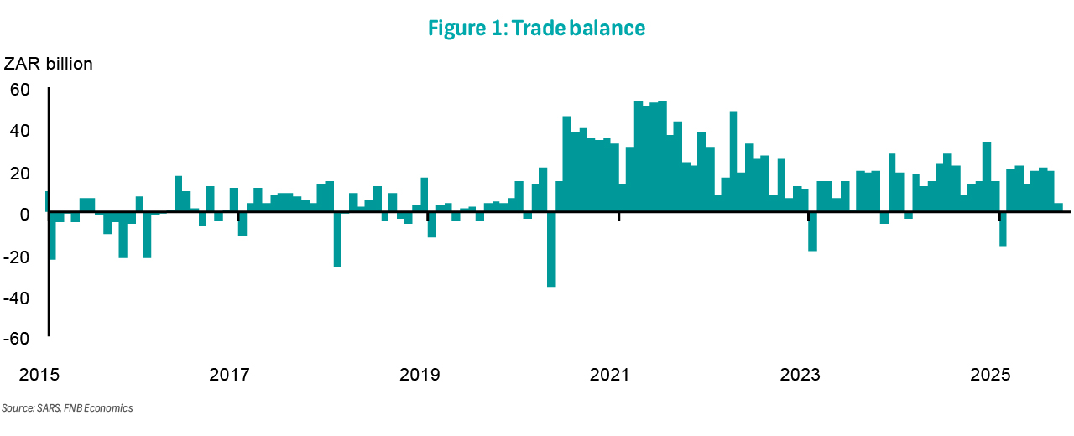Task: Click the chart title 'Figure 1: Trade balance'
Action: point(536,28)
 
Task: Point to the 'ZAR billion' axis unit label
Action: point(49,65)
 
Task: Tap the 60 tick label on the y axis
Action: point(21,89)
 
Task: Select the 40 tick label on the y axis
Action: point(21,131)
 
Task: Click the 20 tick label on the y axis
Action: point(21,173)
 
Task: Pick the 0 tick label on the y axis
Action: point(26,215)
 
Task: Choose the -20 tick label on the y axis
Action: point(18,257)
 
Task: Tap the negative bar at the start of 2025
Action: point(1002,230)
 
